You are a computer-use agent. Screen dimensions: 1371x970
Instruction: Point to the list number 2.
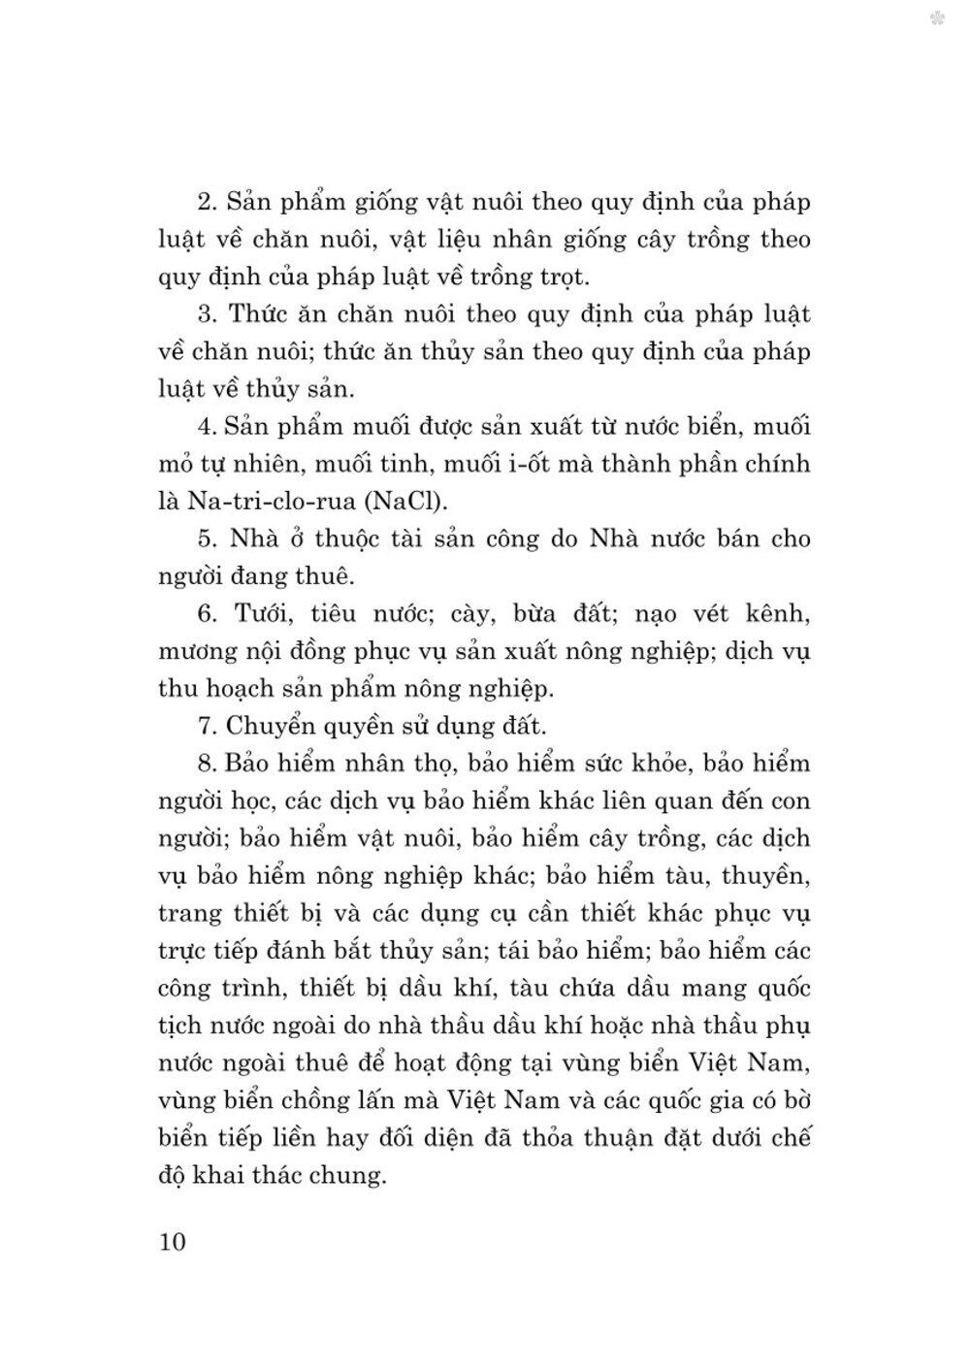[206, 202]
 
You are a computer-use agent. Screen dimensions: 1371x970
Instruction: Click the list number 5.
[206, 539]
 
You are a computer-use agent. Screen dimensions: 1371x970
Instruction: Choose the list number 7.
[205, 726]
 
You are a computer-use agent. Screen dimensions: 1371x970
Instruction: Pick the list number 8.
[205, 764]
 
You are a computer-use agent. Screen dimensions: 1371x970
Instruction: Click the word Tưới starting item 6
[255, 613]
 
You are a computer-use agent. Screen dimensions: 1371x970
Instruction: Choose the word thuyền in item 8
[764, 876]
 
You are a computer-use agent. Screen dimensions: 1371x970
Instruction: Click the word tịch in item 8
[178, 1027]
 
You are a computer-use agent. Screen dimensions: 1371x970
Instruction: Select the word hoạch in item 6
[249, 689]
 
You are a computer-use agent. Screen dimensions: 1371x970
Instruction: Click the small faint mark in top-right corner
[937, 17]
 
